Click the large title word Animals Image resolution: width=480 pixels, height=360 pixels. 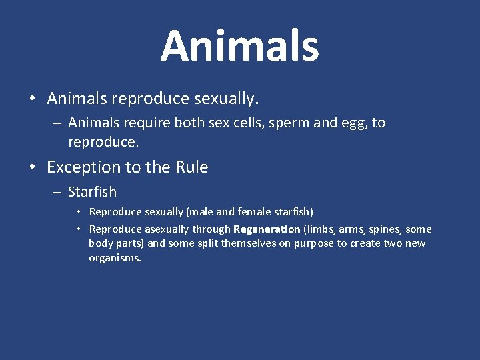[239, 46]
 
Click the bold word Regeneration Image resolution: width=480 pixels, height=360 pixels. [267, 229]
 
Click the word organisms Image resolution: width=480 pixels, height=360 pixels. [115, 258]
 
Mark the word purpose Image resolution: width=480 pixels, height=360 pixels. [313, 243]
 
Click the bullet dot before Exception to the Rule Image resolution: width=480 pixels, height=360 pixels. [33, 167]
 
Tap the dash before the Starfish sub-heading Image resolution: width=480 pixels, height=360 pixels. [57, 192]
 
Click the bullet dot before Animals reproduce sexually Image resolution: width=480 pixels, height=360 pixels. [33, 99]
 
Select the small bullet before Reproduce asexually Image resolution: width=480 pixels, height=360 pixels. [78, 229]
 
